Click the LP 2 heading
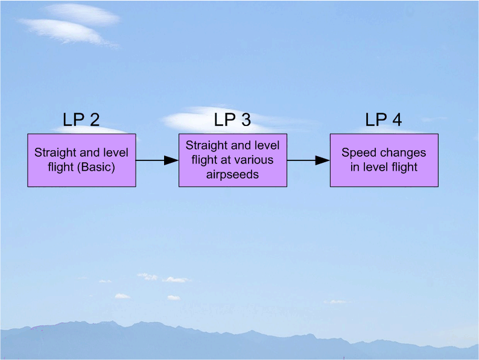click(81, 120)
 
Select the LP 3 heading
click(232, 120)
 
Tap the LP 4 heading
click(383, 120)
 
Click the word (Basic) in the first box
click(98, 166)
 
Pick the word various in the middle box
click(253, 160)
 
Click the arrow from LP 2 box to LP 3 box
click(157, 160)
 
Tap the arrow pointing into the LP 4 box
click(308, 160)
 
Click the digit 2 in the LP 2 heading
click(94, 120)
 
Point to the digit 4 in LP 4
click(396, 120)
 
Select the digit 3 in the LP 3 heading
click(246, 120)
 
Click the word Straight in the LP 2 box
click(54, 153)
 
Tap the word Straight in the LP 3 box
click(206, 145)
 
